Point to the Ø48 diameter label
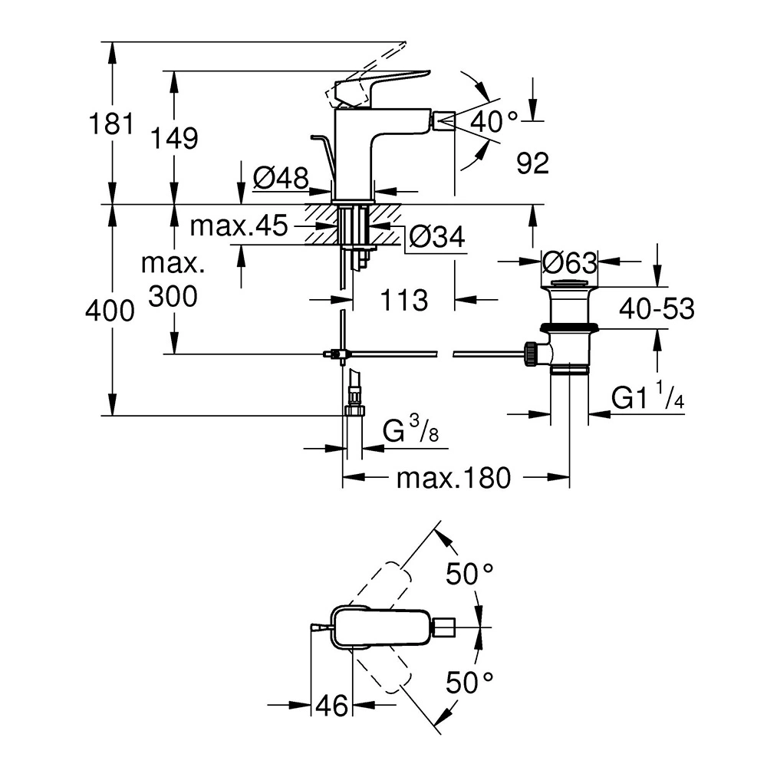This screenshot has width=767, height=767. pos(280,179)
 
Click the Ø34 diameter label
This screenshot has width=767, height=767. pos(436,239)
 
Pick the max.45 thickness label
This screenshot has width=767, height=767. pos(239,226)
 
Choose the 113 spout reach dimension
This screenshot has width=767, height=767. pos(403,300)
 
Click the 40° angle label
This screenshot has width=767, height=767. pos(495,120)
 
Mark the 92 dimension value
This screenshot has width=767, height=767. pos(532,163)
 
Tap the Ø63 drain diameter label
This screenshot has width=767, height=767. pos(569,263)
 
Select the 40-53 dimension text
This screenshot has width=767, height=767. pos(657,309)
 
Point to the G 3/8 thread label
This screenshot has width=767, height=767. pos(411,433)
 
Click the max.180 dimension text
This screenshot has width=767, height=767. pos(453,479)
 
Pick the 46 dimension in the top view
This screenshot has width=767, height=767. pos(332,704)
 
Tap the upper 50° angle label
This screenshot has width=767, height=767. pos(471,573)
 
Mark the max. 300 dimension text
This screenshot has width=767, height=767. pos(173,280)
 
